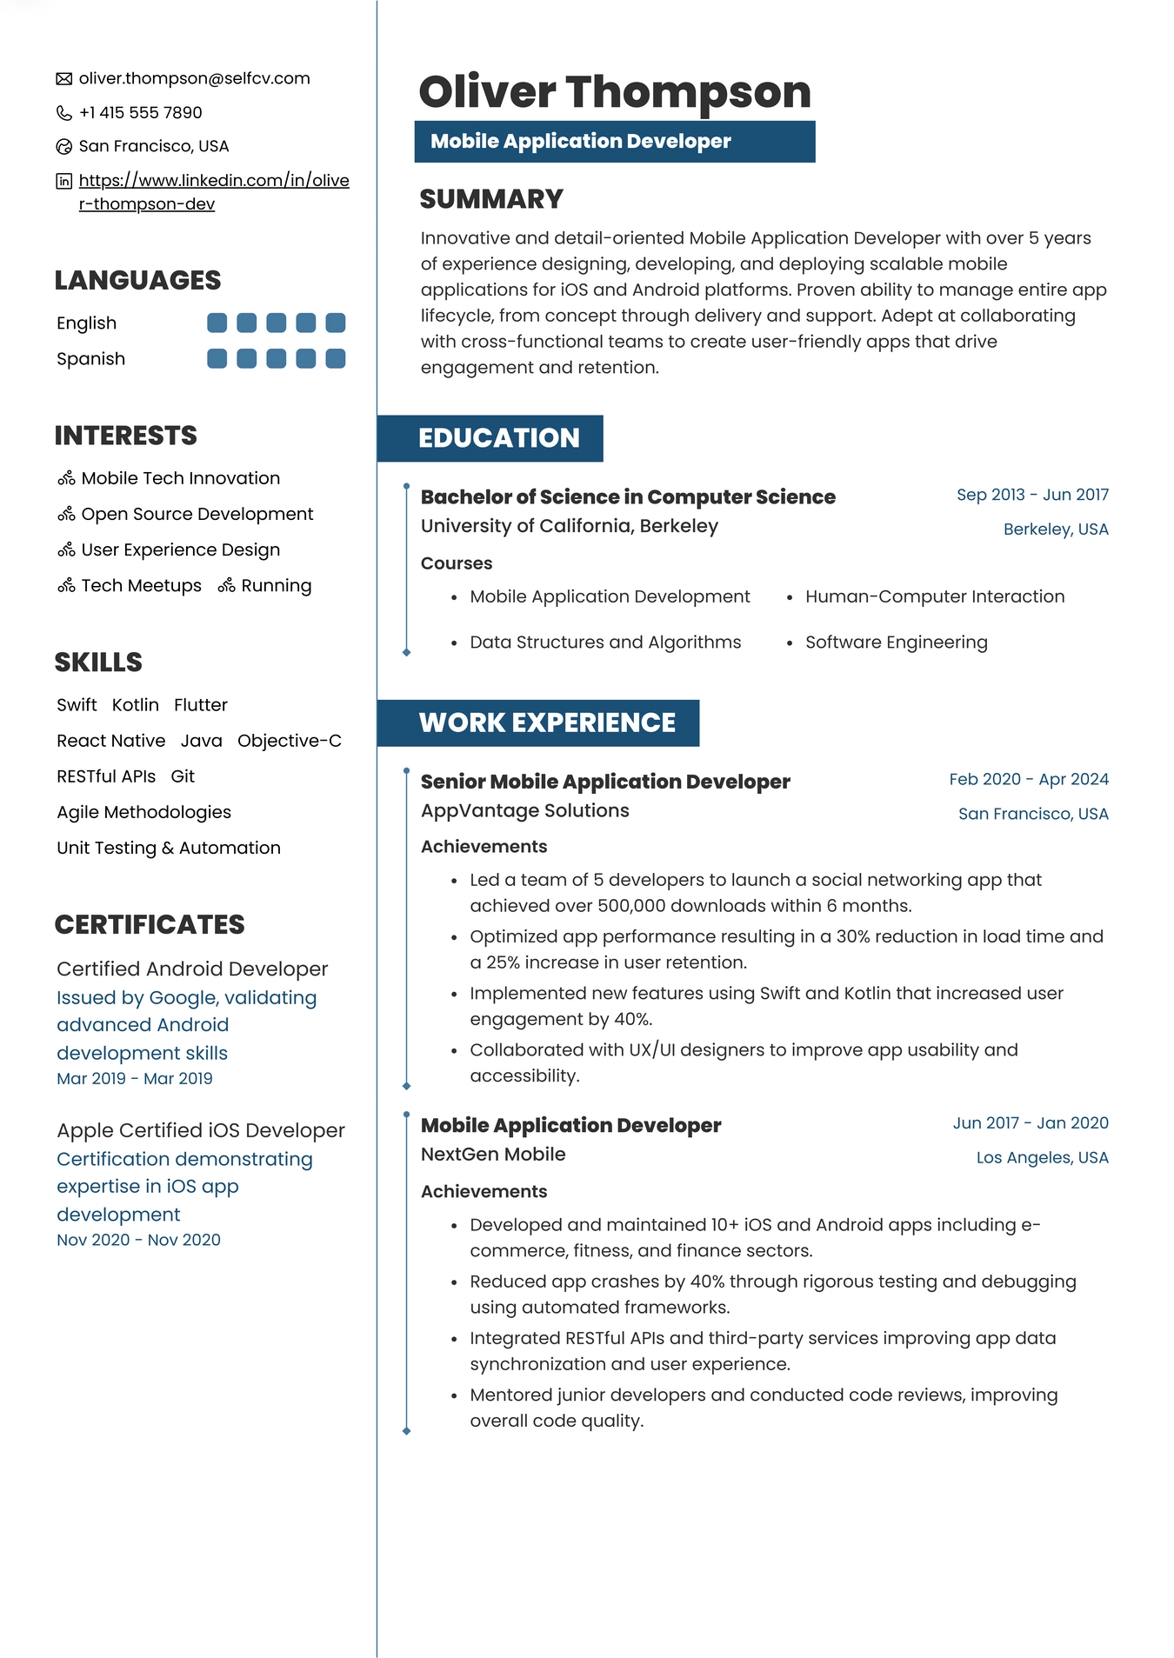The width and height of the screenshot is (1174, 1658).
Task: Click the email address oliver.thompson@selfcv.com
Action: [x=194, y=78]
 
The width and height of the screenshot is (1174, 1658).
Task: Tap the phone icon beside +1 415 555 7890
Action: [x=63, y=113]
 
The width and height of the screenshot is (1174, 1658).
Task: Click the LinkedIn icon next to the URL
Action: [x=63, y=181]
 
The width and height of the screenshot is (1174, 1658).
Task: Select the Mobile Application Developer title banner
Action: [x=614, y=142]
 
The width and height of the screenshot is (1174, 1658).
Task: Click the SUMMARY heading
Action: [x=491, y=199]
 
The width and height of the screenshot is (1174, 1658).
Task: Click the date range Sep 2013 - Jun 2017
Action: [x=1032, y=495]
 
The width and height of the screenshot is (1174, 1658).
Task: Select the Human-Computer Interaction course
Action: [x=934, y=596]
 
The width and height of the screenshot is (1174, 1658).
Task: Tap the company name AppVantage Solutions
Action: [x=524, y=810]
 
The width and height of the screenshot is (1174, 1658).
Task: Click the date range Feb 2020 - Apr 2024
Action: [x=1029, y=779]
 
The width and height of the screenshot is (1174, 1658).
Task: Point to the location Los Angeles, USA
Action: [x=1042, y=1157]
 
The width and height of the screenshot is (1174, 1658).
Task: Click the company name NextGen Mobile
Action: [x=493, y=1154]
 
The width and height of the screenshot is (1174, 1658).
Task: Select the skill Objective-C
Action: [x=289, y=741]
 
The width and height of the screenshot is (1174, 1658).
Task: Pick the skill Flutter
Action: [x=200, y=705]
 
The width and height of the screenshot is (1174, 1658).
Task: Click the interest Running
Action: [x=276, y=586]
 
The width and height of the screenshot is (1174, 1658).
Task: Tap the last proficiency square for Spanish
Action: [x=336, y=358]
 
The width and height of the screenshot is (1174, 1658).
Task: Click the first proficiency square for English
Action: [x=217, y=323]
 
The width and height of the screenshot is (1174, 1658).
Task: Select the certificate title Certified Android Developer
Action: [x=192, y=969]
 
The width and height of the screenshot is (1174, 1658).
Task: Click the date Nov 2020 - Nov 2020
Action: [x=138, y=1240]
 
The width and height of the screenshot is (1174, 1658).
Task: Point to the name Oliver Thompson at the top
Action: [x=614, y=91]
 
